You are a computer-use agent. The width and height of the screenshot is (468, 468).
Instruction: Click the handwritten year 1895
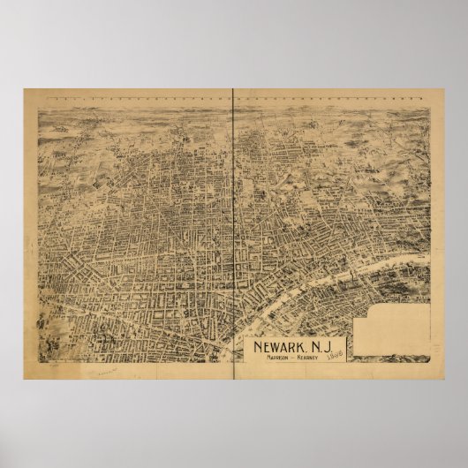coord(336,354)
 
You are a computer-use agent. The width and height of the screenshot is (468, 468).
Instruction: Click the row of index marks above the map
coord(230,94)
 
